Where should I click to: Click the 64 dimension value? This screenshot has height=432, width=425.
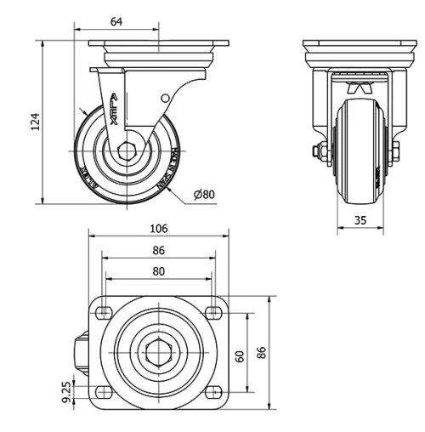pyautogui.click(x=116, y=21)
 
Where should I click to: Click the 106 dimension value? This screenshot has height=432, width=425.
pyautogui.click(x=158, y=229)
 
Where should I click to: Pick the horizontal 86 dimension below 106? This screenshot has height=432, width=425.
pyautogui.click(x=158, y=251)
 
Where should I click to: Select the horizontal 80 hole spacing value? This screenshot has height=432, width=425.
pyautogui.click(x=158, y=272)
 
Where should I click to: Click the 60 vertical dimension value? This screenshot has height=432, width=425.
pyautogui.click(x=240, y=355)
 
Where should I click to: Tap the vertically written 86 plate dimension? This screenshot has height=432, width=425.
pyautogui.click(x=262, y=352)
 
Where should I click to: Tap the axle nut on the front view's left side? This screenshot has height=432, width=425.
pyautogui.click(x=317, y=153)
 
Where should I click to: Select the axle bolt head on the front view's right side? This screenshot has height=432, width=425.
pyautogui.click(x=397, y=154)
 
